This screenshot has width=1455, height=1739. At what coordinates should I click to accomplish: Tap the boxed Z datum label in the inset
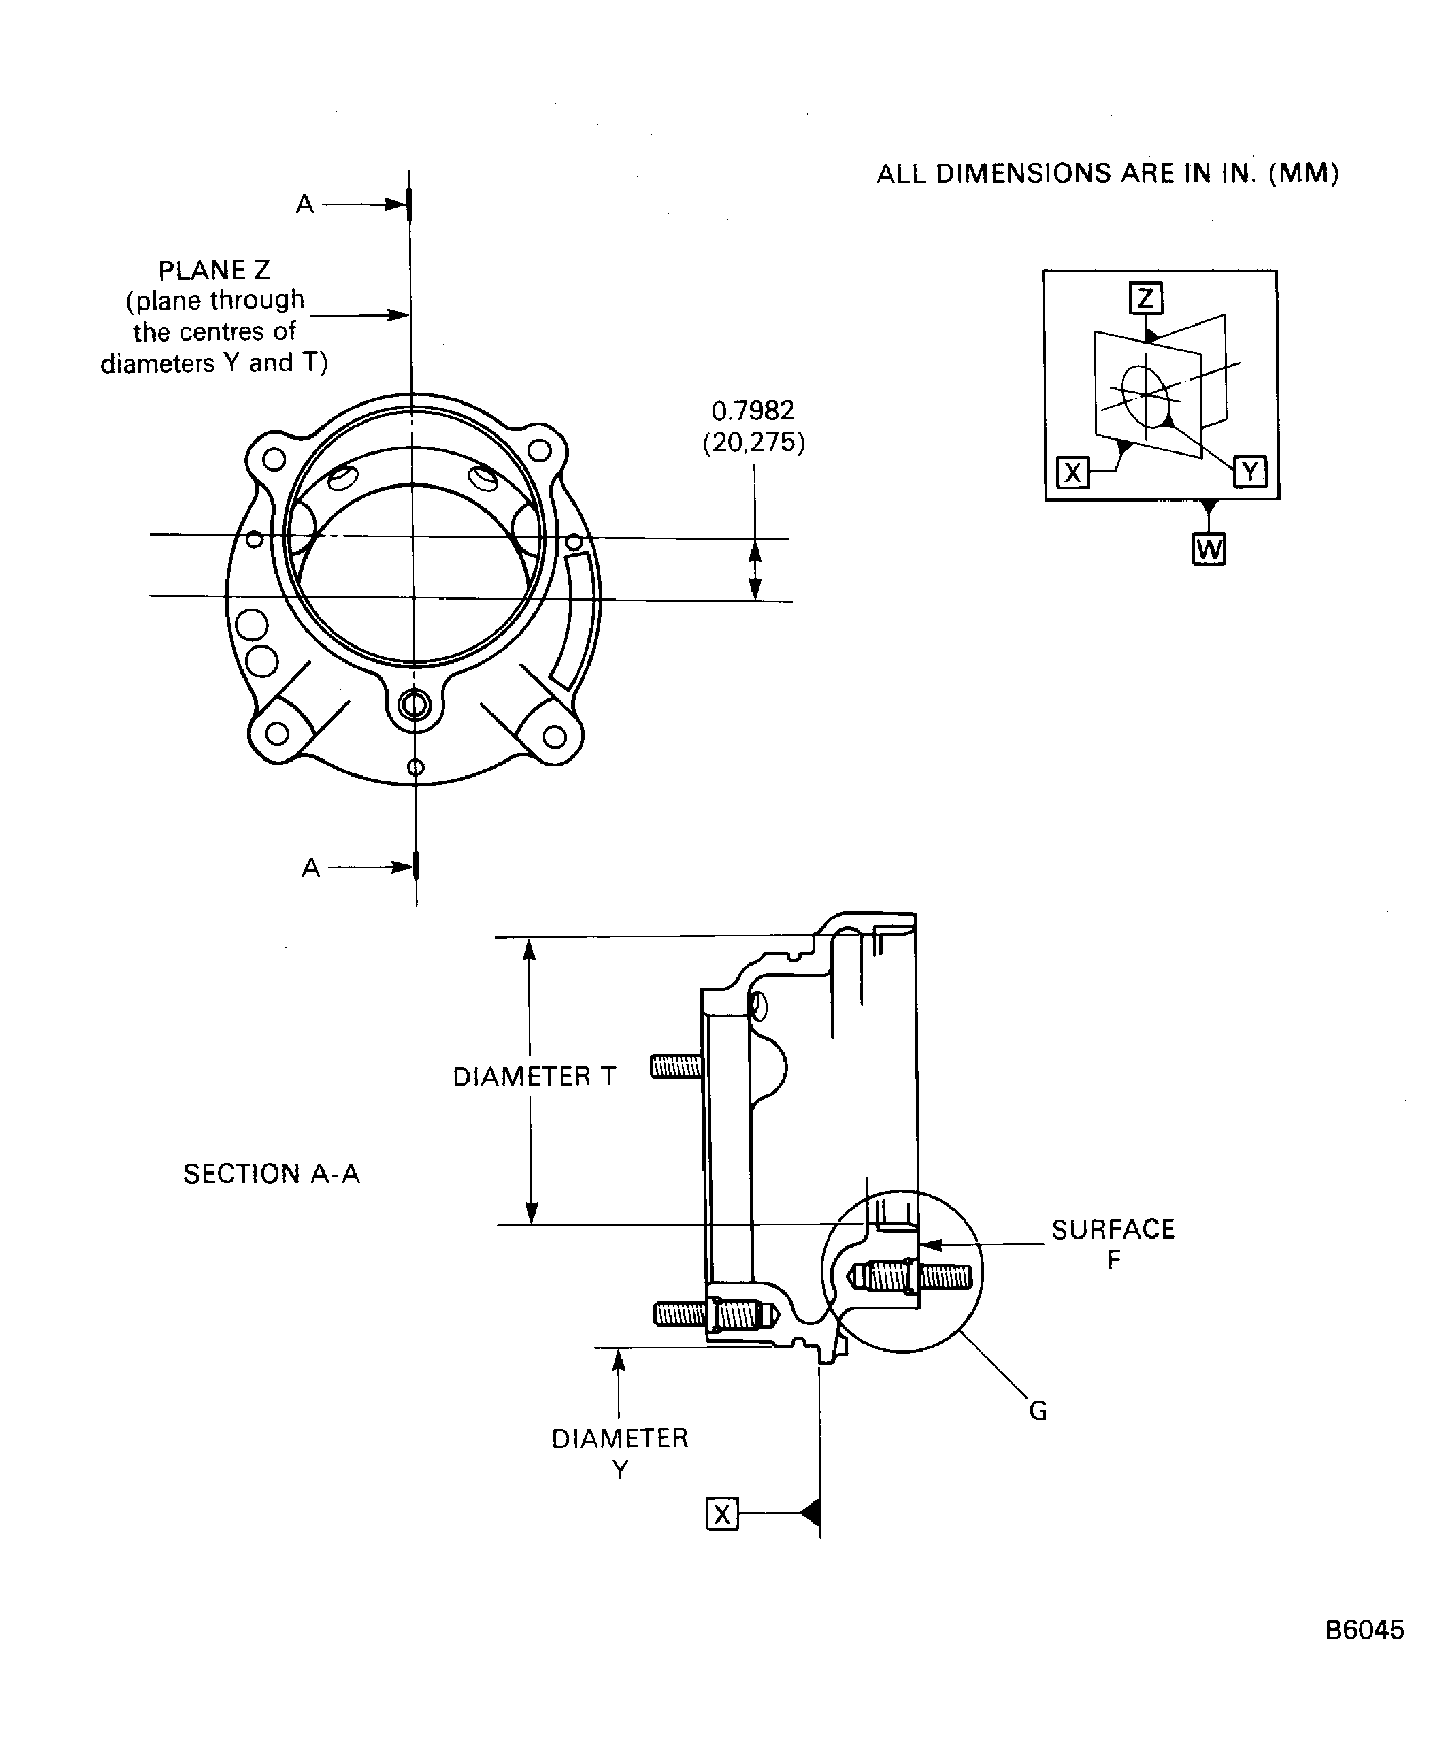[x=1146, y=298]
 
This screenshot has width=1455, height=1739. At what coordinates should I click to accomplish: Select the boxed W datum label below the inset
[x=1208, y=549]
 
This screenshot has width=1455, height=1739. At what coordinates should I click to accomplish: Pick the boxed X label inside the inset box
[x=1072, y=473]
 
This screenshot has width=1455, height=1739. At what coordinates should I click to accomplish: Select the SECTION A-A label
[x=272, y=1174]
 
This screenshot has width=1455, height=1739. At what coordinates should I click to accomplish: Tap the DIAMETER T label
[x=534, y=1077]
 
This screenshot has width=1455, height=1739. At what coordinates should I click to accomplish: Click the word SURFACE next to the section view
[x=1113, y=1229]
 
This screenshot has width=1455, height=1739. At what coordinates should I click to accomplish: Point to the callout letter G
[x=1038, y=1410]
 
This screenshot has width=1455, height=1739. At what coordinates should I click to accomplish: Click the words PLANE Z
[x=214, y=270]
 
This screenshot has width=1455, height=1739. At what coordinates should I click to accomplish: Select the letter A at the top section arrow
[x=305, y=204]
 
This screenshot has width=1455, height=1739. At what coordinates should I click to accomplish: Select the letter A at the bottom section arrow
[x=311, y=868]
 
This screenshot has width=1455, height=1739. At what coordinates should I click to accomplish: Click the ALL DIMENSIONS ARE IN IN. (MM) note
[x=1107, y=173]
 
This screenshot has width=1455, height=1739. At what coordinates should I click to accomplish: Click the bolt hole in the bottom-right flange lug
[x=554, y=736]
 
